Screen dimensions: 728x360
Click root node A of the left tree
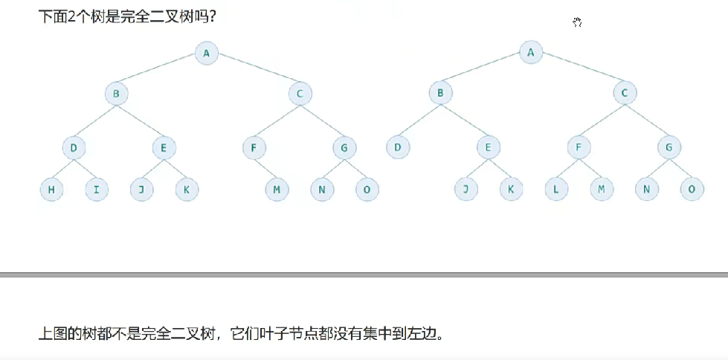click(x=207, y=52)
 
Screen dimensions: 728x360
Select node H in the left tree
click(x=51, y=190)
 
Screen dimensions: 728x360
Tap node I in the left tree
click(x=96, y=190)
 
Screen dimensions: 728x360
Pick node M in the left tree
click(x=277, y=190)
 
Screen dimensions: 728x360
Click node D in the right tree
click(x=398, y=147)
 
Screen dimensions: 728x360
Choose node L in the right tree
click(x=555, y=190)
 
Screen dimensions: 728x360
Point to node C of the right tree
click(x=625, y=94)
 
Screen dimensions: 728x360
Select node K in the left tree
click(x=187, y=190)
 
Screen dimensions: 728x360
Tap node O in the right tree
click(x=692, y=190)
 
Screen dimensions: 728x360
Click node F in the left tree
click(x=254, y=147)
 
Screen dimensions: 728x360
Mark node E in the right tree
click(x=488, y=147)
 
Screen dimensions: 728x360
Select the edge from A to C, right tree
click(x=578, y=72)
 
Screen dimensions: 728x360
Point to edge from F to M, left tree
click(x=265, y=168)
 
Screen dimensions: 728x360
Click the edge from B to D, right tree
click(x=419, y=120)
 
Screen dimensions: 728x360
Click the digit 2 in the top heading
click(x=69, y=16)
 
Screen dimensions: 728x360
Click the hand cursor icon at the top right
click(x=577, y=22)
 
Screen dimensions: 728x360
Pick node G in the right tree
click(x=669, y=147)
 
